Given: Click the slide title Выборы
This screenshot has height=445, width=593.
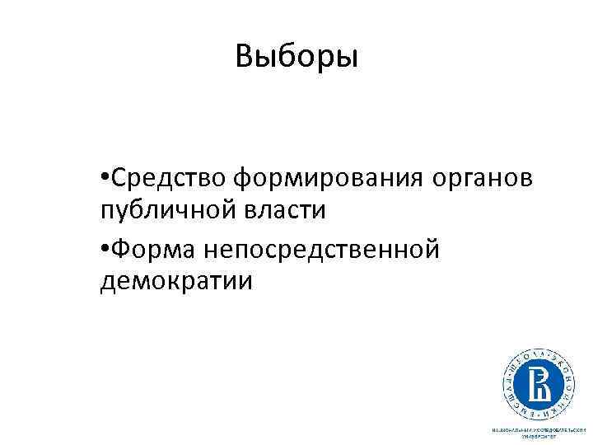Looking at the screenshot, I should tap(296, 57).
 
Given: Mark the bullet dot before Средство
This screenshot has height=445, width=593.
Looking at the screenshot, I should tap(102, 176).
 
